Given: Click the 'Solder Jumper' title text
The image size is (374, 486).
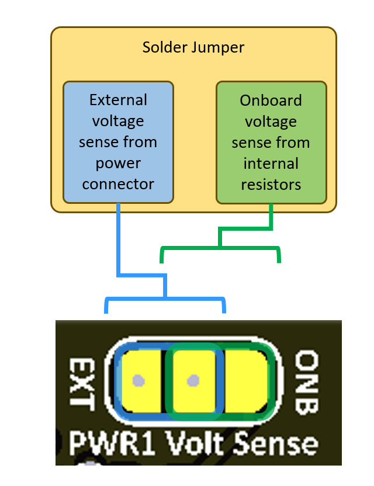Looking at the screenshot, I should (x=193, y=47).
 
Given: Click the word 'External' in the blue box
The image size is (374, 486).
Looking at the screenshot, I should (x=118, y=100).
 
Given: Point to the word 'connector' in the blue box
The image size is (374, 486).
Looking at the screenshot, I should (x=118, y=185).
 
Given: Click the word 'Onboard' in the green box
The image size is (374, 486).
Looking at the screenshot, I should (x=271, y=100).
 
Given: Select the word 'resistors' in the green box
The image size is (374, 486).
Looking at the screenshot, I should (x=271, y=185).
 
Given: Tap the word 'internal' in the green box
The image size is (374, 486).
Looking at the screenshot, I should (x=271, y=164).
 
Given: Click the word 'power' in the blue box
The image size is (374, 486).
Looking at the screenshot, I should (x=118, y=164).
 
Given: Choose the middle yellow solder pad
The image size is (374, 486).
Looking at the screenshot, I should (x=193, y=380).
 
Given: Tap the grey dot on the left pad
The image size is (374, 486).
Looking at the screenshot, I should (x=138, y=380).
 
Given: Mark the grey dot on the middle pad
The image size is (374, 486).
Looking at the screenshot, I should (x=192, y=380).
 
